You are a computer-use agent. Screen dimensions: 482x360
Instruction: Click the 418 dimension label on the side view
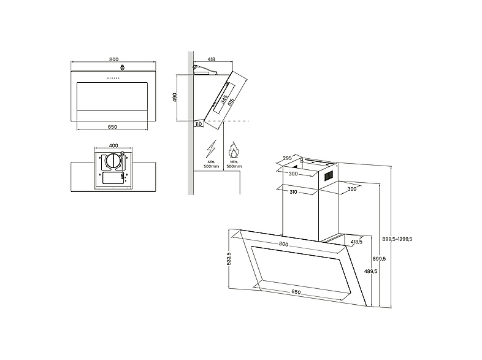coord(211,59)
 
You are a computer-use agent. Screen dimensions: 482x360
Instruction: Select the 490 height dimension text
coord(175,98)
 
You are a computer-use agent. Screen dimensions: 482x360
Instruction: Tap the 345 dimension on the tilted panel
coord(224,99)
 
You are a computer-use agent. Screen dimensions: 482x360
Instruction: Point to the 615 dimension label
coord(231,102)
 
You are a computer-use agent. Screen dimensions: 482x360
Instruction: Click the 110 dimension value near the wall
coord(199,124)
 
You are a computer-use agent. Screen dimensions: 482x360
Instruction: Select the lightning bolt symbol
coord(211,149)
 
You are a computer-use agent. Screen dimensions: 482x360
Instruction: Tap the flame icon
coord(234,150)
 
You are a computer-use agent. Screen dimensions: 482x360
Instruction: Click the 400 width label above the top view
coord(113,146)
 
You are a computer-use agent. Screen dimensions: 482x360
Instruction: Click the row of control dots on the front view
coord(113,78)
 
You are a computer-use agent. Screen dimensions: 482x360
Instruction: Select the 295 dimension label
coord(287,158)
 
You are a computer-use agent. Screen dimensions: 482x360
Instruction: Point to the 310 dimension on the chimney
coord(293,192)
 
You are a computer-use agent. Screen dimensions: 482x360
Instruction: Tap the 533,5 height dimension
coord(228,258)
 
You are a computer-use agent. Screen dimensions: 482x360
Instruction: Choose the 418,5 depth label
coord(356,242)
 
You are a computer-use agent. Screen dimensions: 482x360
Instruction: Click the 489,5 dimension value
coord(371,271)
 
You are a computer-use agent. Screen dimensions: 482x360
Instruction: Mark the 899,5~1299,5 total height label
coord(397,239)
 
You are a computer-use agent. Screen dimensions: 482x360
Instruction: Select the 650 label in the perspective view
coord(296,292)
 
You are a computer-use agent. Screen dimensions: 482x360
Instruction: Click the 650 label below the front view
coord(112,127)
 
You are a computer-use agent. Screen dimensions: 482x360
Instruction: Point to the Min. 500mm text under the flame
coord(234,164)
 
